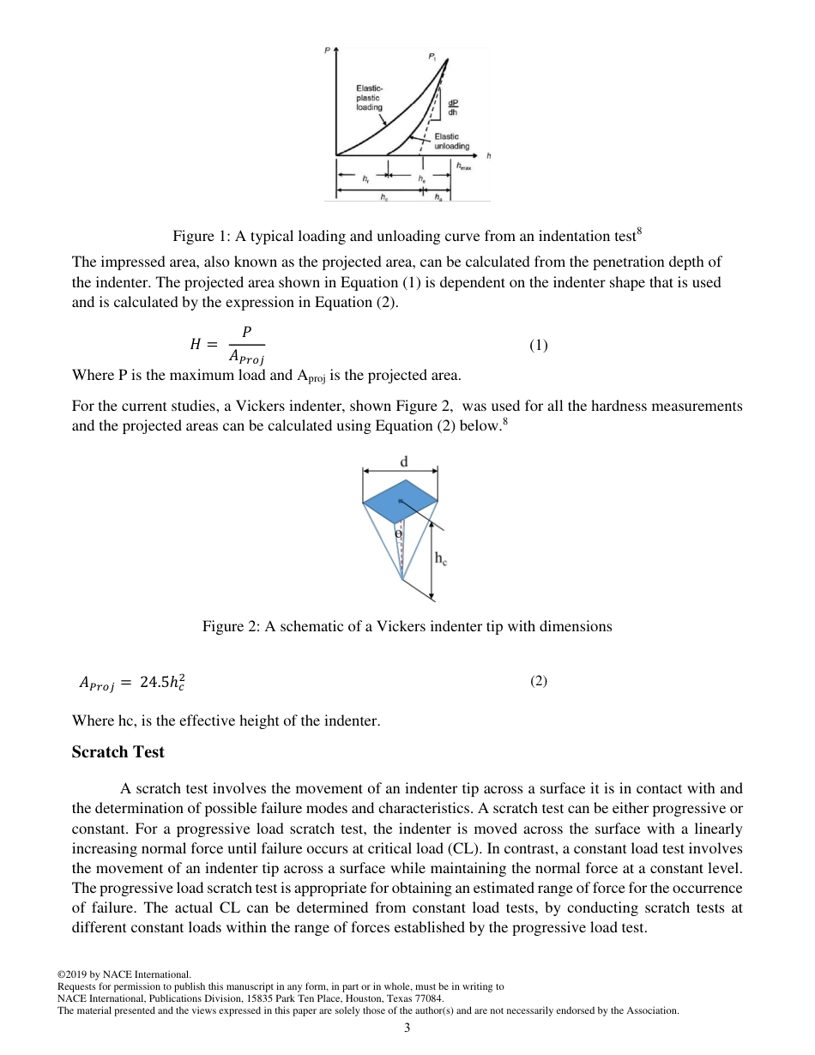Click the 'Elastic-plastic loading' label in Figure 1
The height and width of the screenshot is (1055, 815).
click(370, 98)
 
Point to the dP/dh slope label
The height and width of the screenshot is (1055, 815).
click(452, 107)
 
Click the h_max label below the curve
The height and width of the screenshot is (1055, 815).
click(463, 167)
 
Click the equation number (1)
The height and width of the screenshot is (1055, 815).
click(538, 346)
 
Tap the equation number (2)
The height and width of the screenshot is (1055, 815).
click(538, 681)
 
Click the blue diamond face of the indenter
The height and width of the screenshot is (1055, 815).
click(400, 502)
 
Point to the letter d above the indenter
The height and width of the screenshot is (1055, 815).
click(403, 461)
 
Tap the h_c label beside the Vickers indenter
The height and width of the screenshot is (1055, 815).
click(440, 558)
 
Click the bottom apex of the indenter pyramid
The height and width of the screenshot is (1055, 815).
click(401, 579)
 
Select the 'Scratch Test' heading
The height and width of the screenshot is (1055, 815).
click(118, 752)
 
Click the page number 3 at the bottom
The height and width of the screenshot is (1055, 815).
click(407, 1028)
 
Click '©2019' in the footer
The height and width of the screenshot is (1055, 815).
click(73, 974)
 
